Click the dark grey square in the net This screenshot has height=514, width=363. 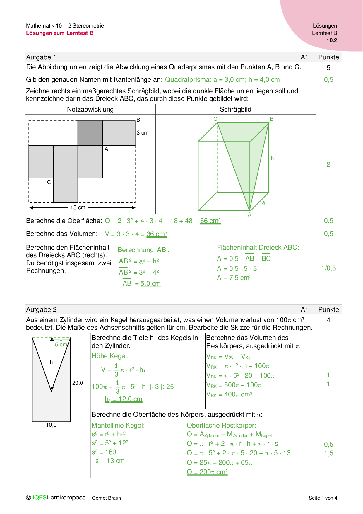(x=90, y=133)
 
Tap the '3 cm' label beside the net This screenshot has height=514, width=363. (x=143, y=133)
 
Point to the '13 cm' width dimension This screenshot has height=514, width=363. (x=78, y=207)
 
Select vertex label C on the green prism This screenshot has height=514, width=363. (x=215, y=119)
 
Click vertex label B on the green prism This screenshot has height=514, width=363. (x=272, y=119)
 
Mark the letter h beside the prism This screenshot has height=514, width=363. (x=272, y=158)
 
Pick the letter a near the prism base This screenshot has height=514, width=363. (x=263, y=203)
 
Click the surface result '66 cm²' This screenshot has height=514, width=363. (x=210, y=221)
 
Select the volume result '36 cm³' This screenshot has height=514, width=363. (x=157, y=234)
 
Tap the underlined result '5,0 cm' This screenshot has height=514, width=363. (x=150, y=284)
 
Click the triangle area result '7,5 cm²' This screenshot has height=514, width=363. (x=234, y=278)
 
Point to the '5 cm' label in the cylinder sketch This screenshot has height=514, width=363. (x=61, y=345)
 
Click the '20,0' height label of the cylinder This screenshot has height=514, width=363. (x=78, y=383)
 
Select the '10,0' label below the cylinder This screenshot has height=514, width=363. (x=51, y=425)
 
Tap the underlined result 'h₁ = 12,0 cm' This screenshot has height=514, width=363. (x=123, y=399)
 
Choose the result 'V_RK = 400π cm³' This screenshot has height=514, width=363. (x=229, y=394)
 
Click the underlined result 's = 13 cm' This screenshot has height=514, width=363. (x=110, y=461)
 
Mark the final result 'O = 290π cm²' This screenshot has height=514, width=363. (x=207, y=472)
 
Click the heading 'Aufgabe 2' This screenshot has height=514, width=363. (x=41, y=309)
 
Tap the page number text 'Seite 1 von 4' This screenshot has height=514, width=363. (x=323, y=498)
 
